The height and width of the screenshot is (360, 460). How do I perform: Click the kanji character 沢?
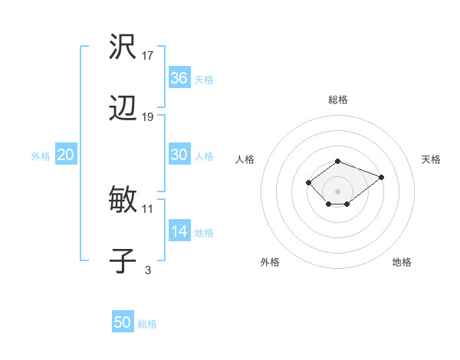tap(123, 48)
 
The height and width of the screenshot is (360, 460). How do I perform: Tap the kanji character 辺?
tap(123, 110)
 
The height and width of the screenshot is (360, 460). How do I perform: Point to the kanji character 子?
tap(123, 261)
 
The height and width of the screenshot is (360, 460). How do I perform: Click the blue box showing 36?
tap(179, 78)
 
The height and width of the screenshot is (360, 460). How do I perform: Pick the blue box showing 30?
tap(179, 155)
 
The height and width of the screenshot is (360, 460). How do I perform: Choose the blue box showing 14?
tap(179, 231)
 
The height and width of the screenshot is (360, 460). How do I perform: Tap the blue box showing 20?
tap(66, 155)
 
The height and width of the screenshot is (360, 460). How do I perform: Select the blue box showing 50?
tap(123, 322)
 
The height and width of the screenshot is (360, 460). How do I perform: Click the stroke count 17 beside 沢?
tap(148, 56)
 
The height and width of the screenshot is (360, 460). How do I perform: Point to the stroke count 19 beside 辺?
tap(148, 117)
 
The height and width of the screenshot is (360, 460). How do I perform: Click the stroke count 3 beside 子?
tap(148, 269)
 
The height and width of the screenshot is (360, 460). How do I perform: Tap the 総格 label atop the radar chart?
tap(338, 100)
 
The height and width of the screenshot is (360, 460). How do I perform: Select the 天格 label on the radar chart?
tap(431, 159)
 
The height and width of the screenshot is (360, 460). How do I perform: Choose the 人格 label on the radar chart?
tap(245, 159)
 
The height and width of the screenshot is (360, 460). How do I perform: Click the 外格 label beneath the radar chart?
tap(270, 262)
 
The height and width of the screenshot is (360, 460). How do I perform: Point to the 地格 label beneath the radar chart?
tap(402, 262)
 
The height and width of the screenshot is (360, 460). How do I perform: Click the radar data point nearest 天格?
tap(381, 177)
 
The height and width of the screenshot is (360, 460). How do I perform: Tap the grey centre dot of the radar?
tap(338, 191)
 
